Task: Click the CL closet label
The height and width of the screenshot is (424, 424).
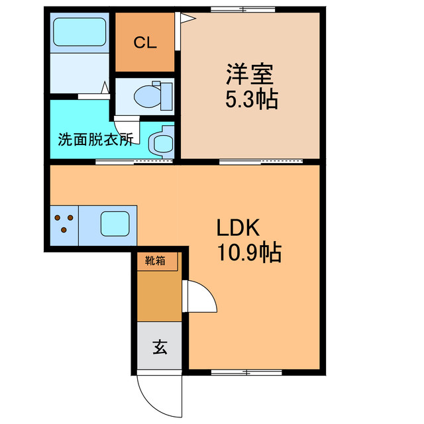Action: pos(145,42)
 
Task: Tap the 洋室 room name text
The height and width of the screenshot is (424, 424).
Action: pos(250,74)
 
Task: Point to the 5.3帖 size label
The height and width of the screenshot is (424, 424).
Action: pos(252,99)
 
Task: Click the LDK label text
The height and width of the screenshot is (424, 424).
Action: pos(238,227)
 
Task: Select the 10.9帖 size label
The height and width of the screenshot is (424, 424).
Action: pos(249,252)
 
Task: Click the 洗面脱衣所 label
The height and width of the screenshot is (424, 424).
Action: pos(95,139)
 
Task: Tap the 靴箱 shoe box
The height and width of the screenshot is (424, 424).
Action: pos(157,261)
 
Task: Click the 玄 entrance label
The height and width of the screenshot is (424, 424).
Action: pos(160,347)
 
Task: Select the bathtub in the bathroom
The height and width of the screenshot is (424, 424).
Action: pos(79,32)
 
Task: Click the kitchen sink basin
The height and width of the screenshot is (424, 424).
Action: pos(115,224)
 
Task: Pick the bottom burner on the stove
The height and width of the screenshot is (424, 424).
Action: pos(64,230)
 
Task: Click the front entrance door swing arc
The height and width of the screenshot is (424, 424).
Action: pos(152,403)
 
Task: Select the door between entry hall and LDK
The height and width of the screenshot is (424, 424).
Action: pos(199,297)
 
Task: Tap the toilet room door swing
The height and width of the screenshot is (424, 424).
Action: pos(127,131)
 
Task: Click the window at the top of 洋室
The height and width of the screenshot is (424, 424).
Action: pos(243,10)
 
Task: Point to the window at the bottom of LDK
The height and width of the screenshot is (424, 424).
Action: pos(246,372)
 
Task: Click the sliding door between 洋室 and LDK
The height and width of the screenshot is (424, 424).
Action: pos(261,162)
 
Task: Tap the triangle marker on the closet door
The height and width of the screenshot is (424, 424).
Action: pos(187,18)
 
